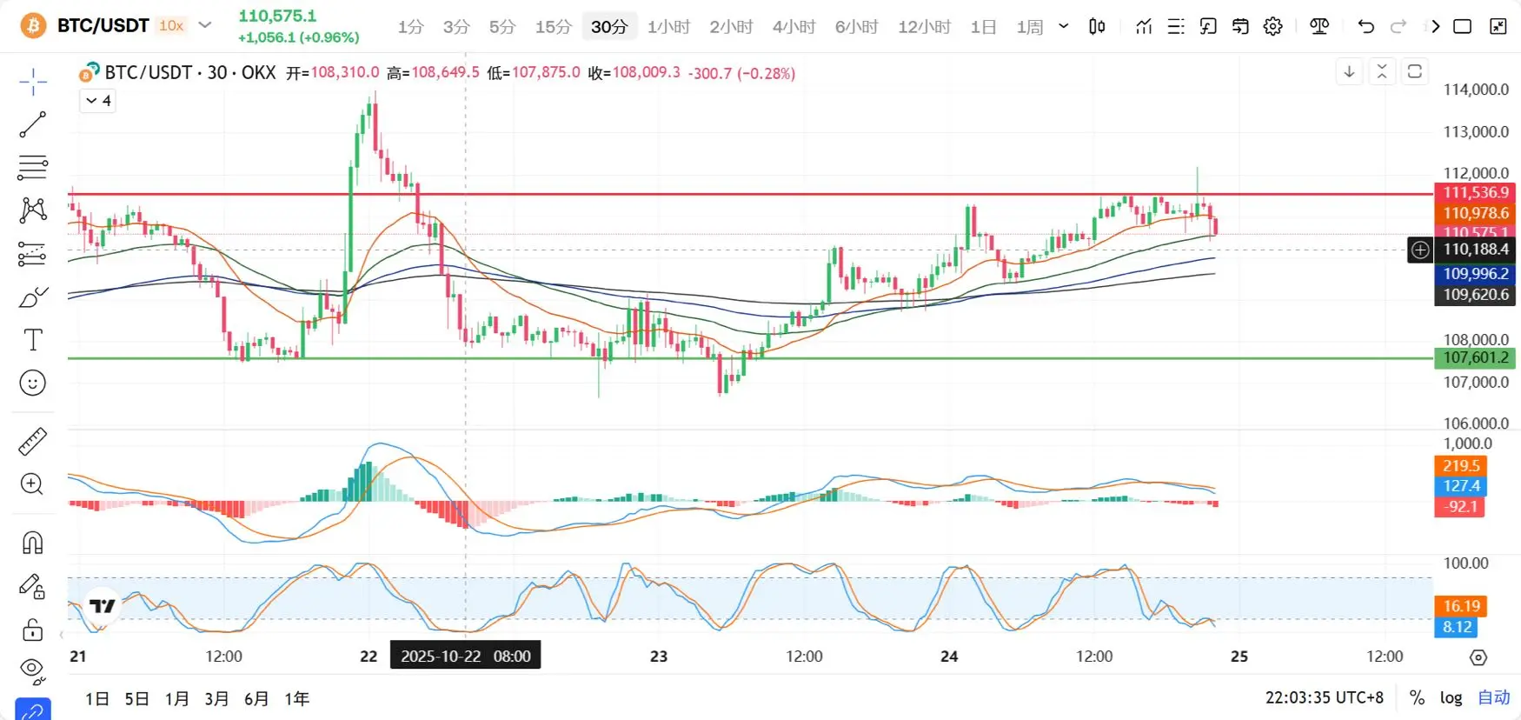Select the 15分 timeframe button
click(553, 27)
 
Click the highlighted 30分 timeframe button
click(608, 27)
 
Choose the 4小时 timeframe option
click(794, 27)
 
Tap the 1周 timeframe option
click(1029, 27)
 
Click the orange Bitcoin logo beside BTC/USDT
click(33, 26)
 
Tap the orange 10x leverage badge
click(171, 26)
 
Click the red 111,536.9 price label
click(1475, 192)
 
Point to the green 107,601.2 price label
click(1475, 357)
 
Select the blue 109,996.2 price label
click(1475, 274)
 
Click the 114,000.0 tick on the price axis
click(1475, 90)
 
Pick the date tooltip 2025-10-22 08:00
click(465, 656)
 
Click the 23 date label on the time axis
click(659, 657)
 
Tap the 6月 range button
click(256, 698)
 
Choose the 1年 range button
click(296, 698)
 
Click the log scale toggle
click(1451, 697)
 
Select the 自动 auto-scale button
click(1493, 697)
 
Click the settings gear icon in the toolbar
click(1272, 27)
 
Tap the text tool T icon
click(33, 340)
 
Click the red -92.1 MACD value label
click(1461, 507)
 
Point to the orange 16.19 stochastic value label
click(1461, 606)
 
